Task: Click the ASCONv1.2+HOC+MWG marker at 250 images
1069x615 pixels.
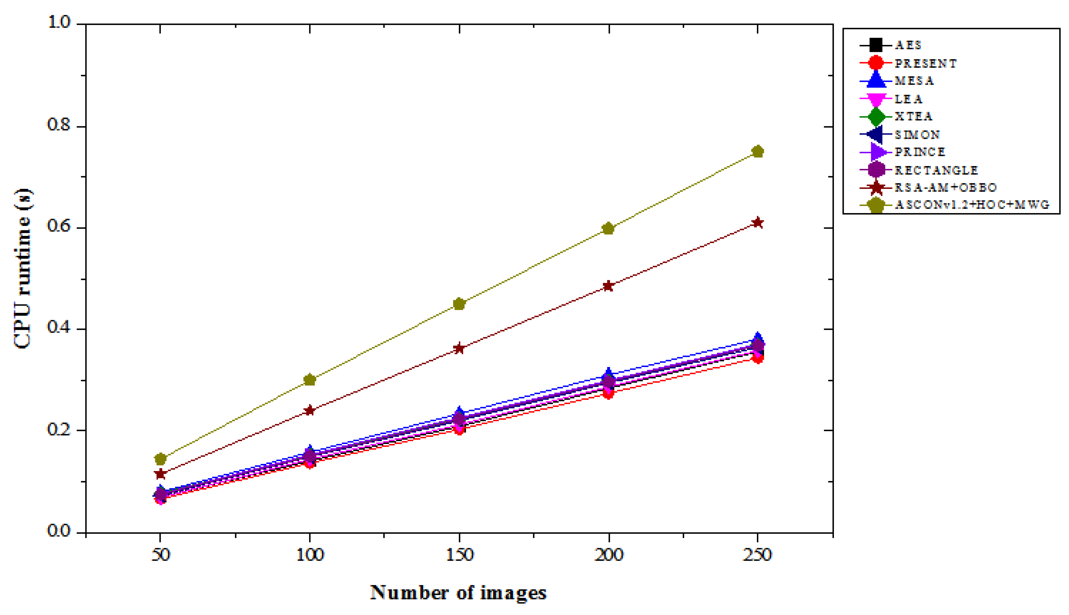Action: (757, 152)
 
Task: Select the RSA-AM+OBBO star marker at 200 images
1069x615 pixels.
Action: (608, 286)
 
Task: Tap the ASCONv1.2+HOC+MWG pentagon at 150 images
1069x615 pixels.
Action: (459, 304)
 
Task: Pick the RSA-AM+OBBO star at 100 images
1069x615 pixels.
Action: (310, 410)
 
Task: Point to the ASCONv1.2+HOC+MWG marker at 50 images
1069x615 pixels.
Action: (160, 459)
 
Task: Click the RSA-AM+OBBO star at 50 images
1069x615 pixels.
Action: (160, 474)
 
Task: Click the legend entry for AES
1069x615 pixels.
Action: (908, 45)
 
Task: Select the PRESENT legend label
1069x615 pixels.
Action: (925, 63)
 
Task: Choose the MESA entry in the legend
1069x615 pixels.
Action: (914, 81)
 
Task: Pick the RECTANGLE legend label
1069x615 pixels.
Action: (936, 170)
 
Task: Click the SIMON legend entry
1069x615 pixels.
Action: (917, 135)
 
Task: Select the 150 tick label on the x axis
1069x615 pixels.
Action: (459, 555)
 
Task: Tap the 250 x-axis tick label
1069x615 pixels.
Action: (757, 555)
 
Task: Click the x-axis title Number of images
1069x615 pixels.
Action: (458, 593)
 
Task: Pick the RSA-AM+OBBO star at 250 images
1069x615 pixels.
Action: (757, 223)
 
